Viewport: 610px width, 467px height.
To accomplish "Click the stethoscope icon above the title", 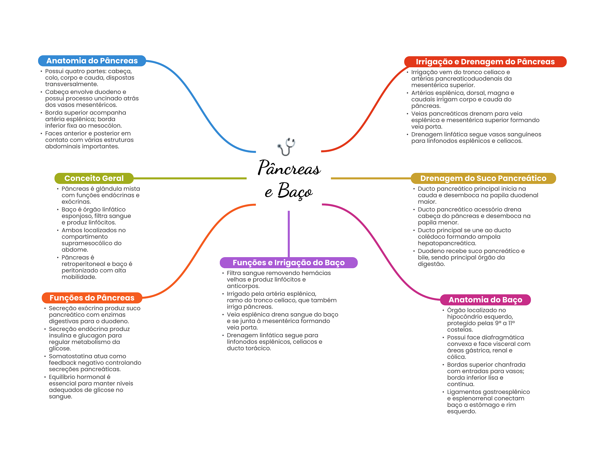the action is [x=286, y=146].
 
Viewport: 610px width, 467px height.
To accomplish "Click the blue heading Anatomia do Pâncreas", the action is [x=92, y=61].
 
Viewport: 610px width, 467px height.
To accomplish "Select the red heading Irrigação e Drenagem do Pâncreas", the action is [x=485, y=62].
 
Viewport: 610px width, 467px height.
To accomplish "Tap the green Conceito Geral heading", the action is [x=94, y=178].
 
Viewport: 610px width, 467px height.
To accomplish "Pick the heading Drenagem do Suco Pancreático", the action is [x=483, y=178].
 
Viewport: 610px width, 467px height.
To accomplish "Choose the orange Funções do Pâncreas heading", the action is [x=92, y=298].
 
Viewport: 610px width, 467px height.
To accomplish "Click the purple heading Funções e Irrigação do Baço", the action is [x=289, y=263].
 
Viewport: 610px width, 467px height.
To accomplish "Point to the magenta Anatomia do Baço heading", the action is [x=485, y=300].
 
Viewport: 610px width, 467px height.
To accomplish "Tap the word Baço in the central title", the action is [x=295, y=190].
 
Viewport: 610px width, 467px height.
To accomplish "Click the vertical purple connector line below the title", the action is [x=289, y=234].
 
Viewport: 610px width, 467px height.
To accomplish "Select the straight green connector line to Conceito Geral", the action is [x=190, y=178].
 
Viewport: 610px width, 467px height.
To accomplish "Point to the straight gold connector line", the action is [x=371, y=178].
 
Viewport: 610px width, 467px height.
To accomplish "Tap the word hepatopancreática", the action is [x=447, y=243].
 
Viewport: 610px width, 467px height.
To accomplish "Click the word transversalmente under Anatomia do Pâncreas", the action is [x=71, y=84].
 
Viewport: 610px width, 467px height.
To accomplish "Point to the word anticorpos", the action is [x=243, y=286].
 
